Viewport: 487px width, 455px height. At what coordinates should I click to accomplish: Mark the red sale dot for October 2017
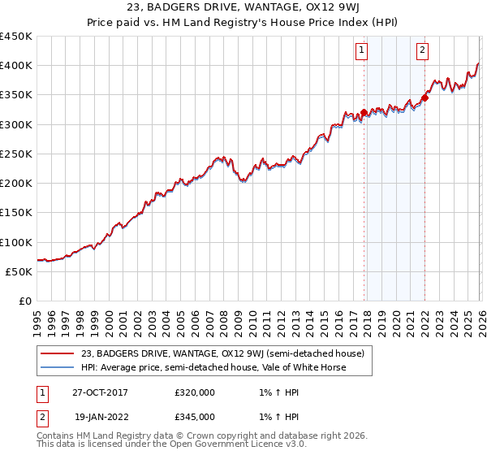(364, 113)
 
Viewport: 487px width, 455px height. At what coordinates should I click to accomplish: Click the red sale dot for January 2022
(425, 98)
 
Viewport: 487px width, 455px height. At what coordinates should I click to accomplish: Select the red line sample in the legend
(58, 353)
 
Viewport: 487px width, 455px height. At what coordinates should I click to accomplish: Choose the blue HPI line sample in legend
(58, 367)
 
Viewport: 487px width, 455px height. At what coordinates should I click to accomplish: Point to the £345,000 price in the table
(195, 416)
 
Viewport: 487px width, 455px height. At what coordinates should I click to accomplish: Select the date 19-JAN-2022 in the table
(99, 416)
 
